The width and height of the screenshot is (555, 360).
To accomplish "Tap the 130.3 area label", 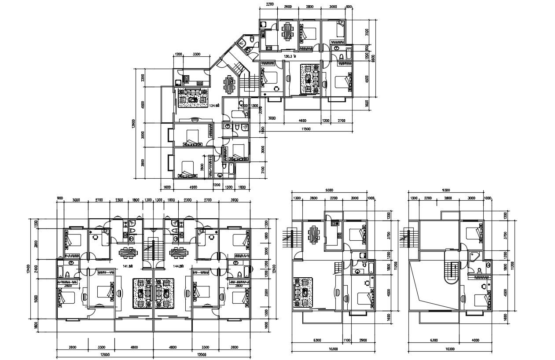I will coord(290,57).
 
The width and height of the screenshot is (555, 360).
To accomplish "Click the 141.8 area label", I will coord(128,266).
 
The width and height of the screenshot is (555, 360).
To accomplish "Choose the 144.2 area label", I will coord(178,266).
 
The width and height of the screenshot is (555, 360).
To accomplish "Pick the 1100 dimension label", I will coord(346,340).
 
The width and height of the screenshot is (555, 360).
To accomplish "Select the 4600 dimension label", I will coord(302,120).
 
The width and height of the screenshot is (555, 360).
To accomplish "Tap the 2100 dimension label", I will coord(263,170).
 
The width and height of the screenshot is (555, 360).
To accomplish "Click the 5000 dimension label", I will coord(36,298).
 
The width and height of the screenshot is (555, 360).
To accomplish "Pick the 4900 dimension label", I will coord(193,187).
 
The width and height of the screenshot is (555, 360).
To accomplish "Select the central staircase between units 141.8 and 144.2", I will coord(153,249).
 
